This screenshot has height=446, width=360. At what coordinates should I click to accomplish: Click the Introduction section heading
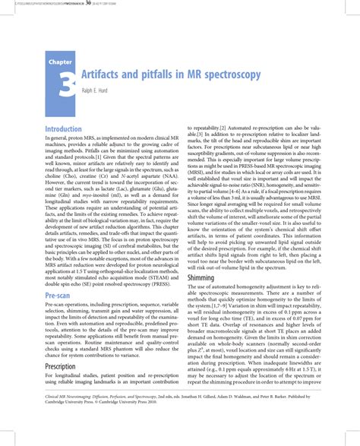click(x=68, y=130)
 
